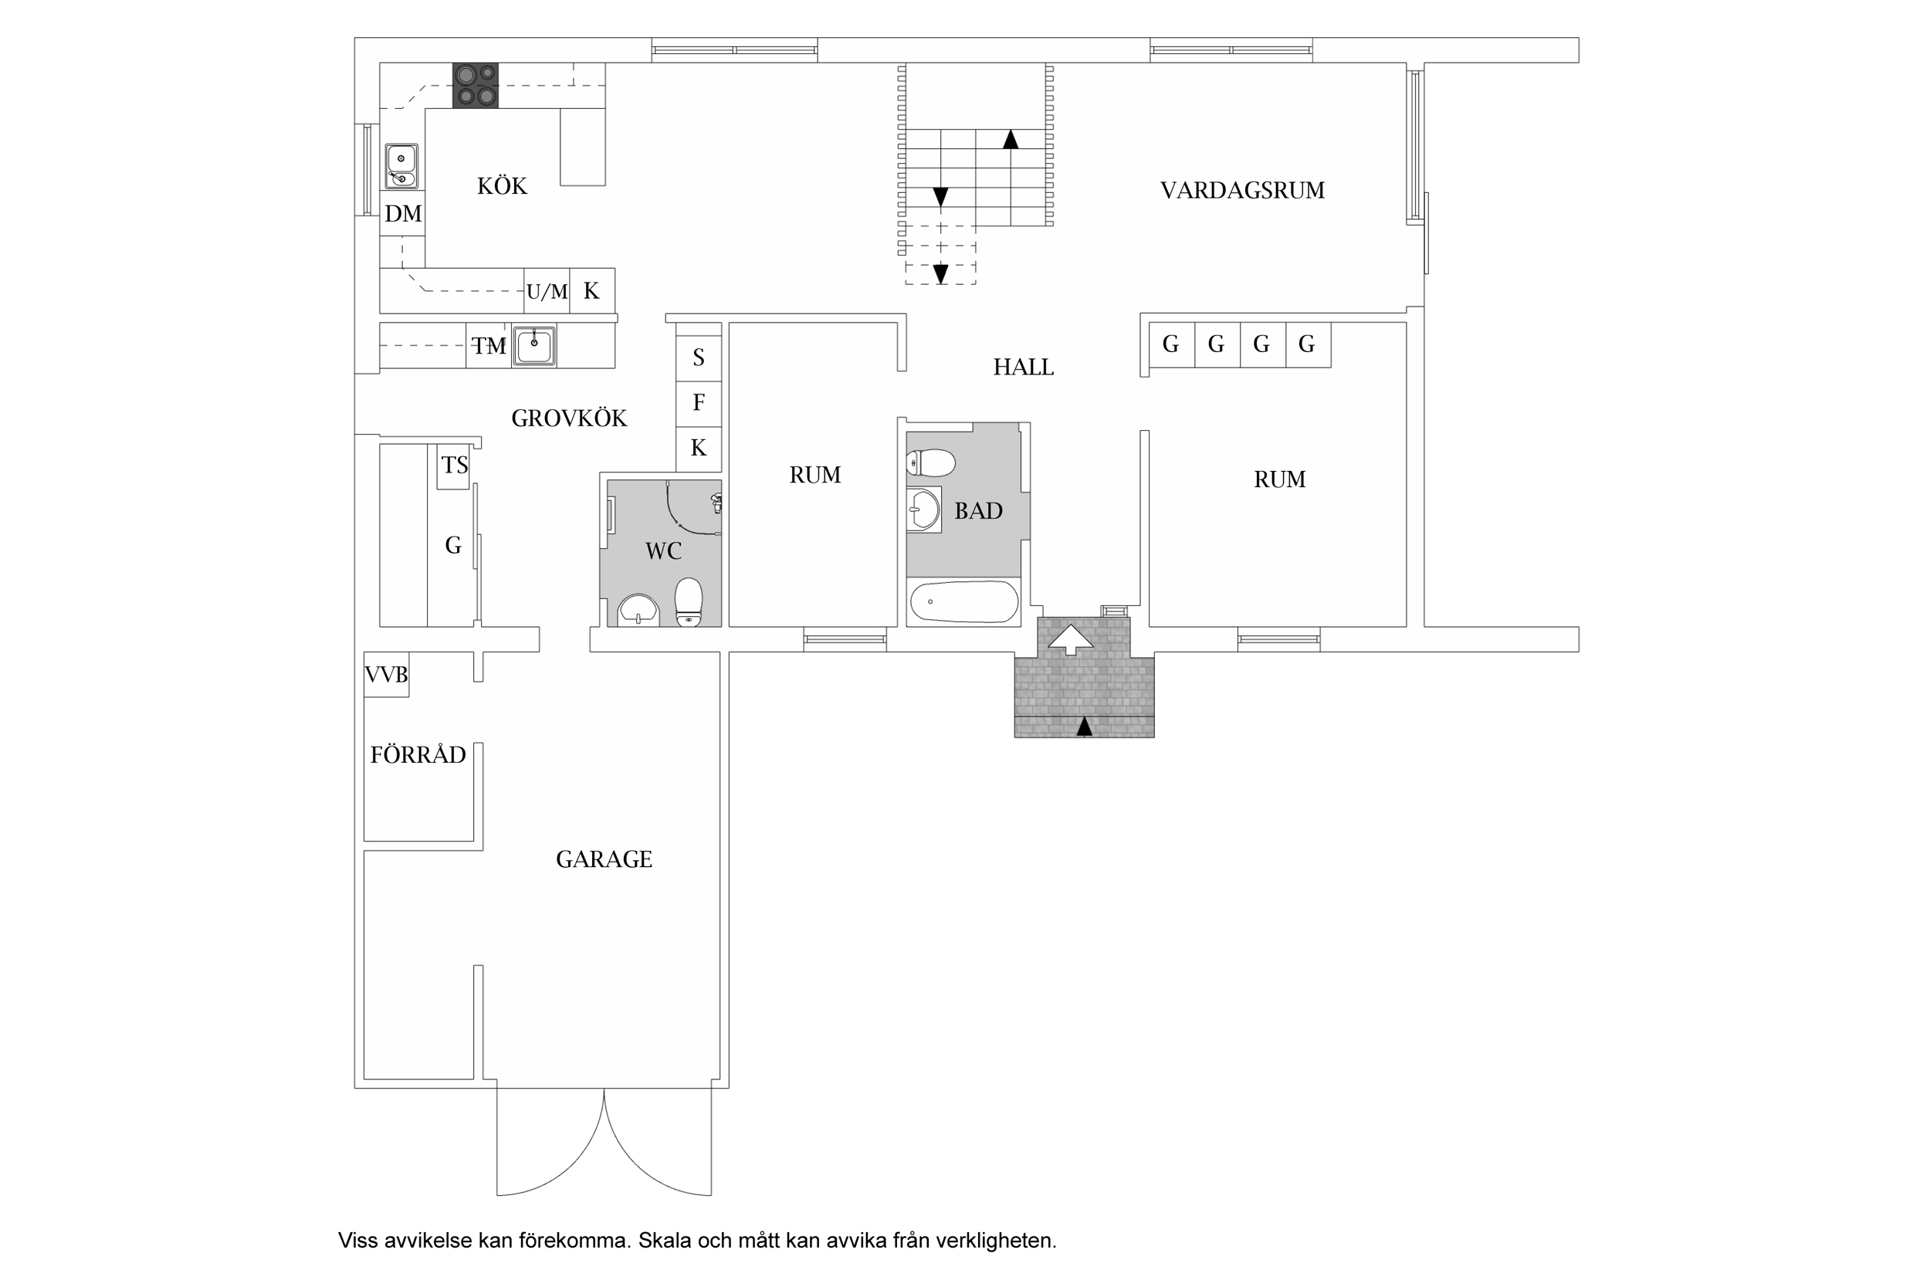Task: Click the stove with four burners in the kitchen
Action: (476, 86)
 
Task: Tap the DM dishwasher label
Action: (403, 213)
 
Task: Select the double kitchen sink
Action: (401, 167)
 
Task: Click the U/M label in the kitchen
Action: (547, 291)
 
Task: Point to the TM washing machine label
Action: (489, 347)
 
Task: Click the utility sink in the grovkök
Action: (534, 346)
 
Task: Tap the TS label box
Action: (453, 466)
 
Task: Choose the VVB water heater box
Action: (387, 675)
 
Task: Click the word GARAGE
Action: (604, 859)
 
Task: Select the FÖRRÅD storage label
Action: (418, 754)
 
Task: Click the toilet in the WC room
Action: (689, 602)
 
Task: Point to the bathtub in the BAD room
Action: (964, 602)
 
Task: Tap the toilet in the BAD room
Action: (931, 463)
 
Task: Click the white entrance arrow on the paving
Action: (1071, 640)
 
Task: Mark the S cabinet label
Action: (699, 357)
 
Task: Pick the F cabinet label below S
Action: (699, 402)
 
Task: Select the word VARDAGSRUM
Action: (1242, 191)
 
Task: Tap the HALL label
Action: (1023, 367)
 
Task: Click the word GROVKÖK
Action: (569, 418)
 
